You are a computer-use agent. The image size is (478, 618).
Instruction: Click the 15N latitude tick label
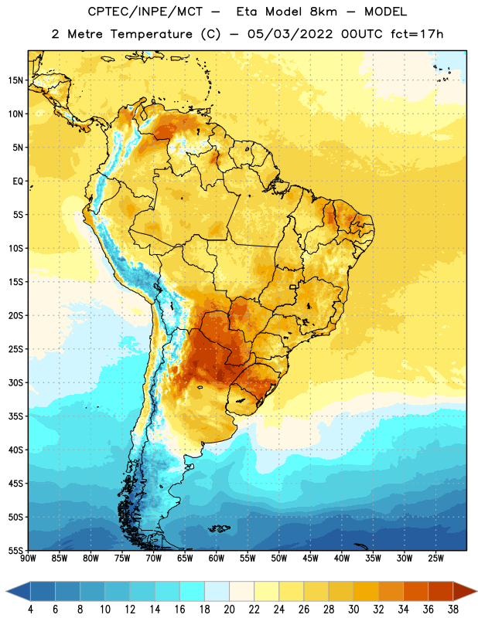pos(15,80)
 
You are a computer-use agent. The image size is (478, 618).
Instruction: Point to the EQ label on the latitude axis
pos(18,182)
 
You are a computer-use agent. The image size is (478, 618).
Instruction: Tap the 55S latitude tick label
pos(15,550)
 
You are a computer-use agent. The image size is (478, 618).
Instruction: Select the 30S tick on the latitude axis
pos(15,382)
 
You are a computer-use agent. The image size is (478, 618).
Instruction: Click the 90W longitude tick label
pos(28,559)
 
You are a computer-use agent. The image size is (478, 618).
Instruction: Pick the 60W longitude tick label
pos(217,559)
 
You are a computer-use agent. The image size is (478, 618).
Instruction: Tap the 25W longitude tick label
pos(435,559)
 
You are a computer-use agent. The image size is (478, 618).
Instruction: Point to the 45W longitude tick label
pos(310,559)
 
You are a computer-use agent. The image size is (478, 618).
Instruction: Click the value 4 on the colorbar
pos(30,610)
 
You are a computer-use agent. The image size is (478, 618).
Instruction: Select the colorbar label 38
pos(452,610)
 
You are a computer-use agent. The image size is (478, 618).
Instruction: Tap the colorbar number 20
pos(229,610)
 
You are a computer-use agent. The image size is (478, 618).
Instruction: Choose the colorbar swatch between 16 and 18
pos(193,592)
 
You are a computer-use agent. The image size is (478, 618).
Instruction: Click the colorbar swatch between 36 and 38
pos(441,592)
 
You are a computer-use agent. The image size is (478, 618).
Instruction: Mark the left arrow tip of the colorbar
pos(6,592)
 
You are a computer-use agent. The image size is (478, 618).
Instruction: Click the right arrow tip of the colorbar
pos(477,592)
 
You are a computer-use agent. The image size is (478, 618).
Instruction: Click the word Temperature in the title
pos(151,34)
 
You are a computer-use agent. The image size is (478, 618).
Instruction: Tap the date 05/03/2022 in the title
pos(290,34)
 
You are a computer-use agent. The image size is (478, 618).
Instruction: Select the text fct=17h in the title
pos(417,34)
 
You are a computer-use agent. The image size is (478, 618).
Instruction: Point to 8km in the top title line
pos(323,12)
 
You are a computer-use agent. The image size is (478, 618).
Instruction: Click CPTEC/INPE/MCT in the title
pos(145,12)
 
